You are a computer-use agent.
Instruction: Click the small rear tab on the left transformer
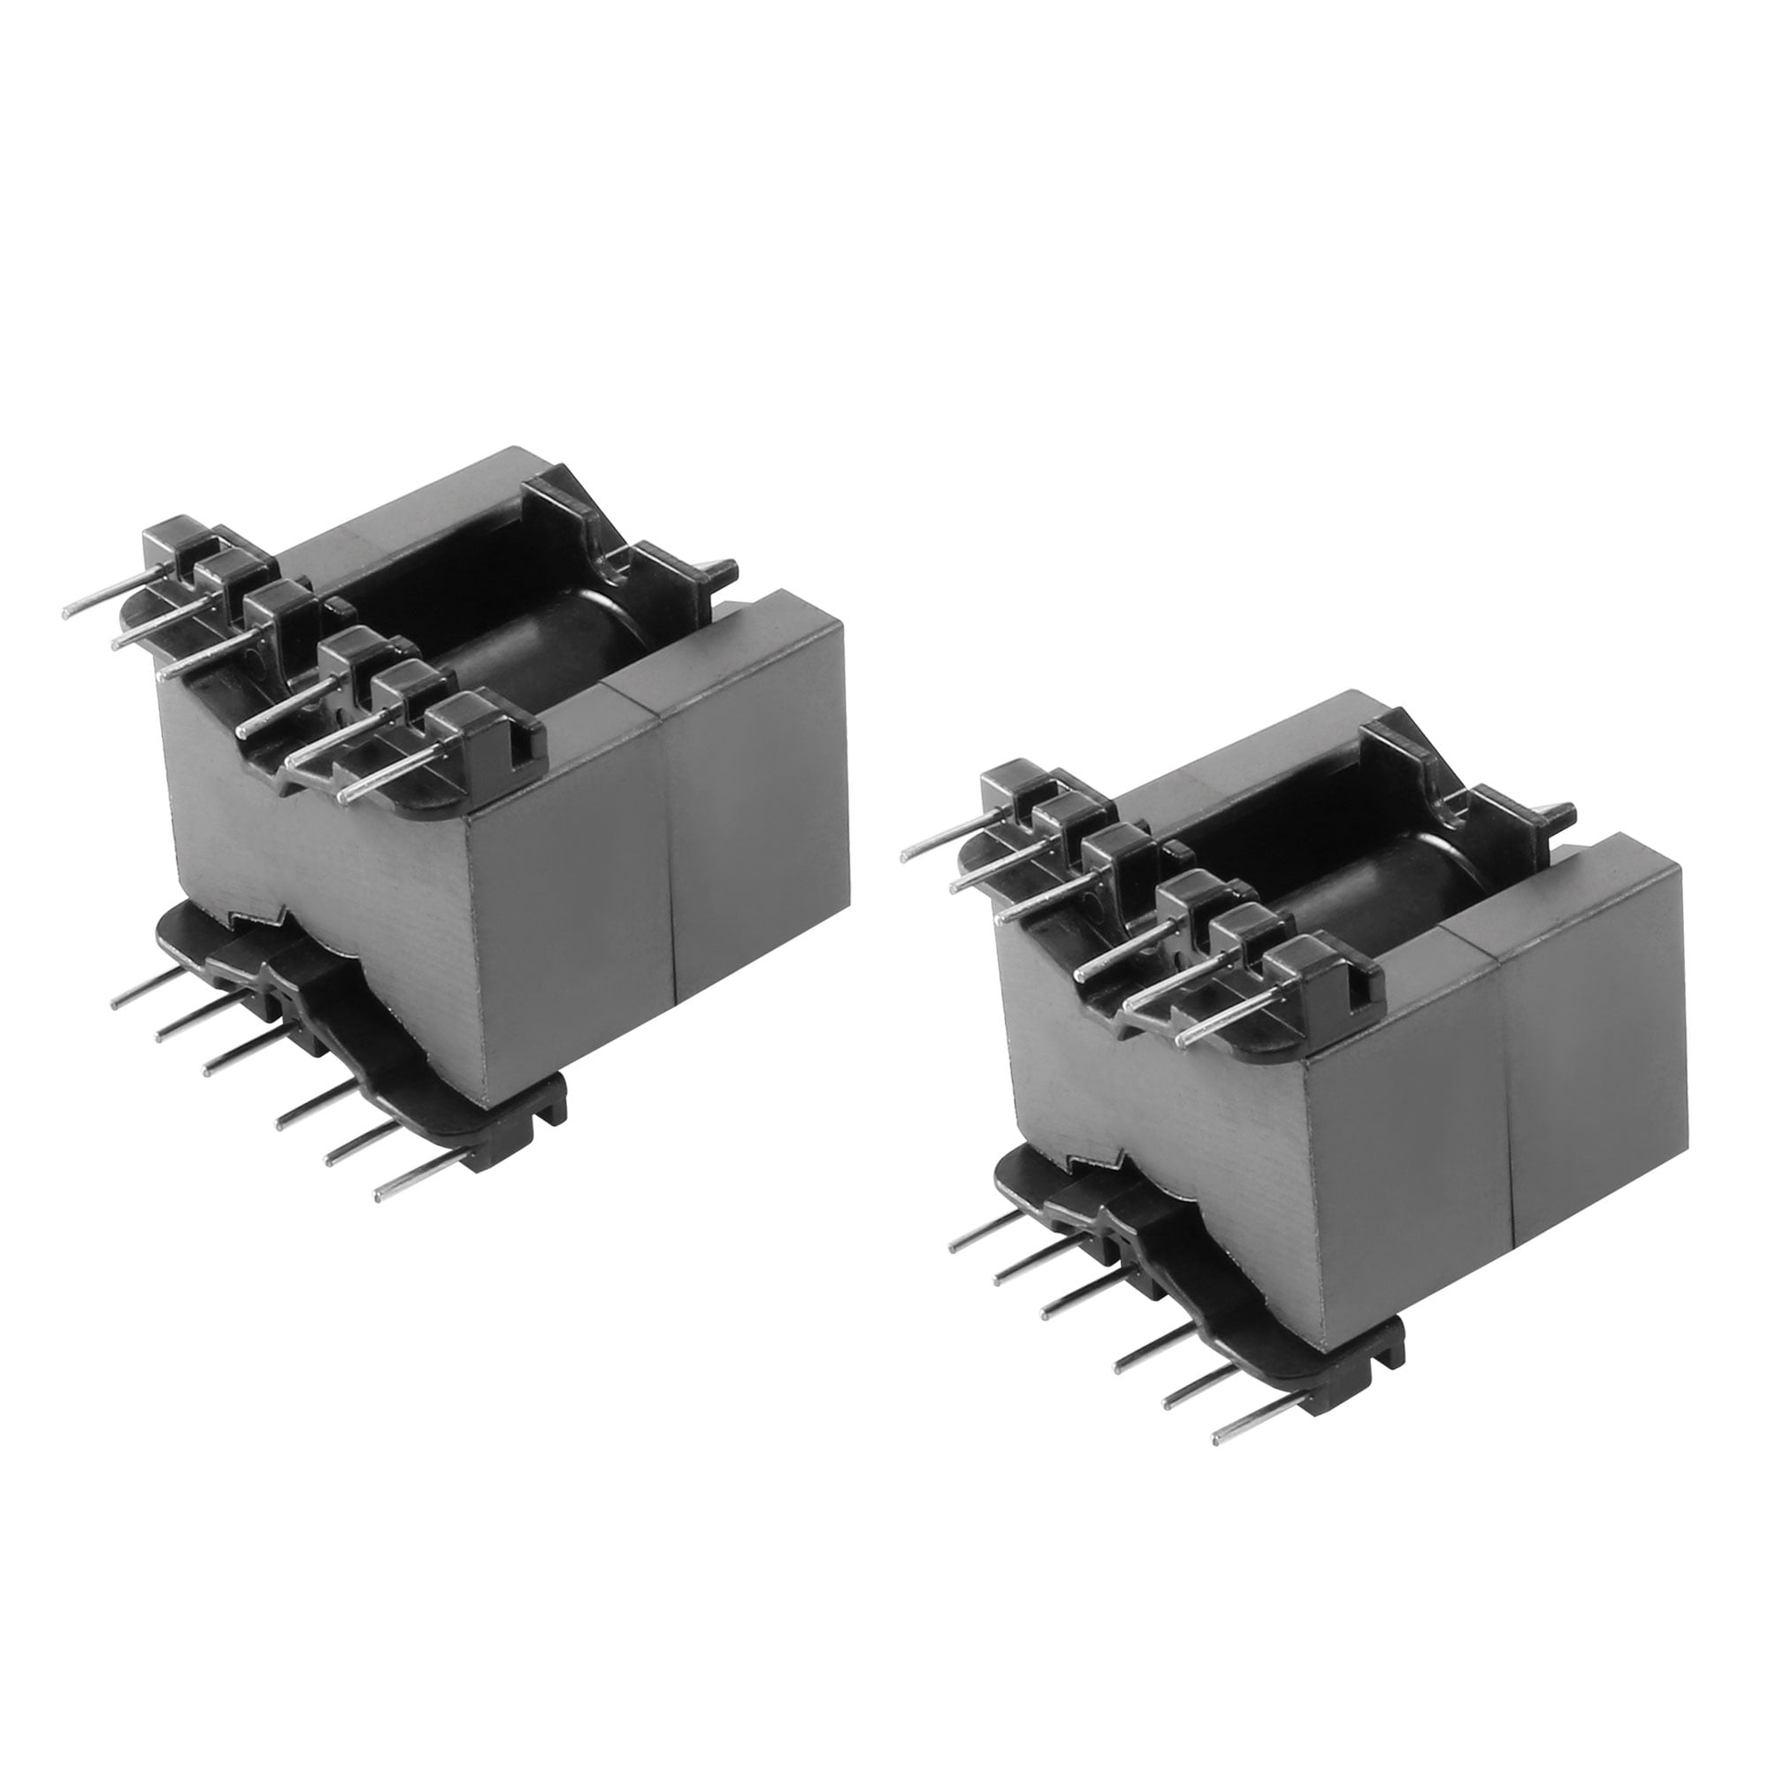pyautogui.click(x=724, y=572)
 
